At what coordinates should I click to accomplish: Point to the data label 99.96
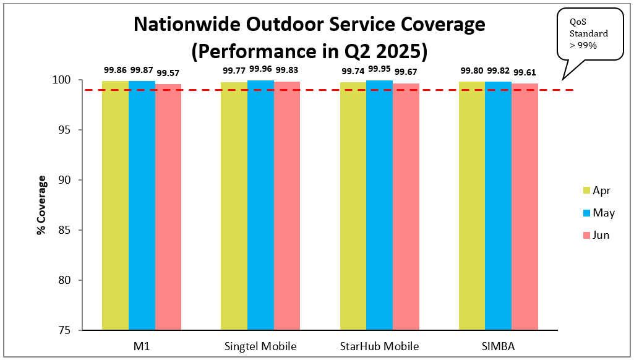(x=260, y=69)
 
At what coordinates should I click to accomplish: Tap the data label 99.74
(x=353, y=71)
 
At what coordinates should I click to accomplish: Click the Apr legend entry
(x=596, y=191)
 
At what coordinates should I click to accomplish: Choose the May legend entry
(x=598, y=213)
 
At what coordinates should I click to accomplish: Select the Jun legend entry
(x=596, y=235)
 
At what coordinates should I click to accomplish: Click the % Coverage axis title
(x=41, y=205)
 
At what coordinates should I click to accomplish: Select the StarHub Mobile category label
(x=379, y=345)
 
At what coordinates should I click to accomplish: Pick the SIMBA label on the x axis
(x=498, y=345)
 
